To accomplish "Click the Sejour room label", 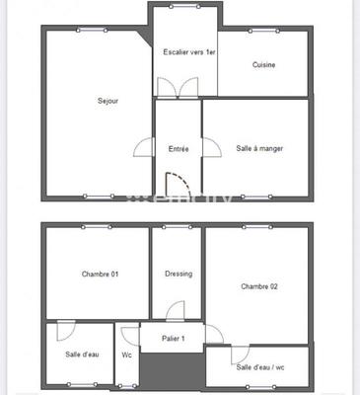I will tap(108, 101).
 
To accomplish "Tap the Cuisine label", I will tap(263, 65).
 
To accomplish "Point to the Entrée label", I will tap(179, 149).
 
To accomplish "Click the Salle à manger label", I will tap(259, 149).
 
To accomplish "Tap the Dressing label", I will tap(179, 274).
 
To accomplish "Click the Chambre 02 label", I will tap(259, 286).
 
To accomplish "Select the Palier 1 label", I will tap(174, 339).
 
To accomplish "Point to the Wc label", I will tap(126, 355).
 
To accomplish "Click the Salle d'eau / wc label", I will tap(260, 367).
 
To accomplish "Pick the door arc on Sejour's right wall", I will tap(144, 148).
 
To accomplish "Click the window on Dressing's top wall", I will tap(178, 228).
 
